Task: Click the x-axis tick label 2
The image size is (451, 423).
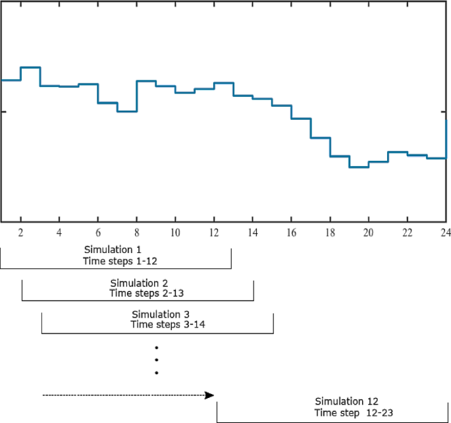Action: point(20,233)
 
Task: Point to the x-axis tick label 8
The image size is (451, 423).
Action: point(136,233)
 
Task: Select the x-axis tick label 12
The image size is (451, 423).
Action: point(214,233)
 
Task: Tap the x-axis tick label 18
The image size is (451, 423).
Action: point(330,233)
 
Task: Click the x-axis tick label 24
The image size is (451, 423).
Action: point(445,233)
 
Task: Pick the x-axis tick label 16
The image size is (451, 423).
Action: point(291,233)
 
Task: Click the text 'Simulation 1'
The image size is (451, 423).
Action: point(113,250)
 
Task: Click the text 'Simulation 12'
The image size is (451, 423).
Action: point(346,401)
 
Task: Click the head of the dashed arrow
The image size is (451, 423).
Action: point(210,395)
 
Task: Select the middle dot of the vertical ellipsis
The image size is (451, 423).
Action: point(157,360)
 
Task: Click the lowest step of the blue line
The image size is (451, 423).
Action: point(359,167)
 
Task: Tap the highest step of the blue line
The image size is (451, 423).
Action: point(30,67)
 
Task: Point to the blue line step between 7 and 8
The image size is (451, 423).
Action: point(127,111)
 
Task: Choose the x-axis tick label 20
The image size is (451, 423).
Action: point(368,233)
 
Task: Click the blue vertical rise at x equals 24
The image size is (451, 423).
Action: point(446,138)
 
